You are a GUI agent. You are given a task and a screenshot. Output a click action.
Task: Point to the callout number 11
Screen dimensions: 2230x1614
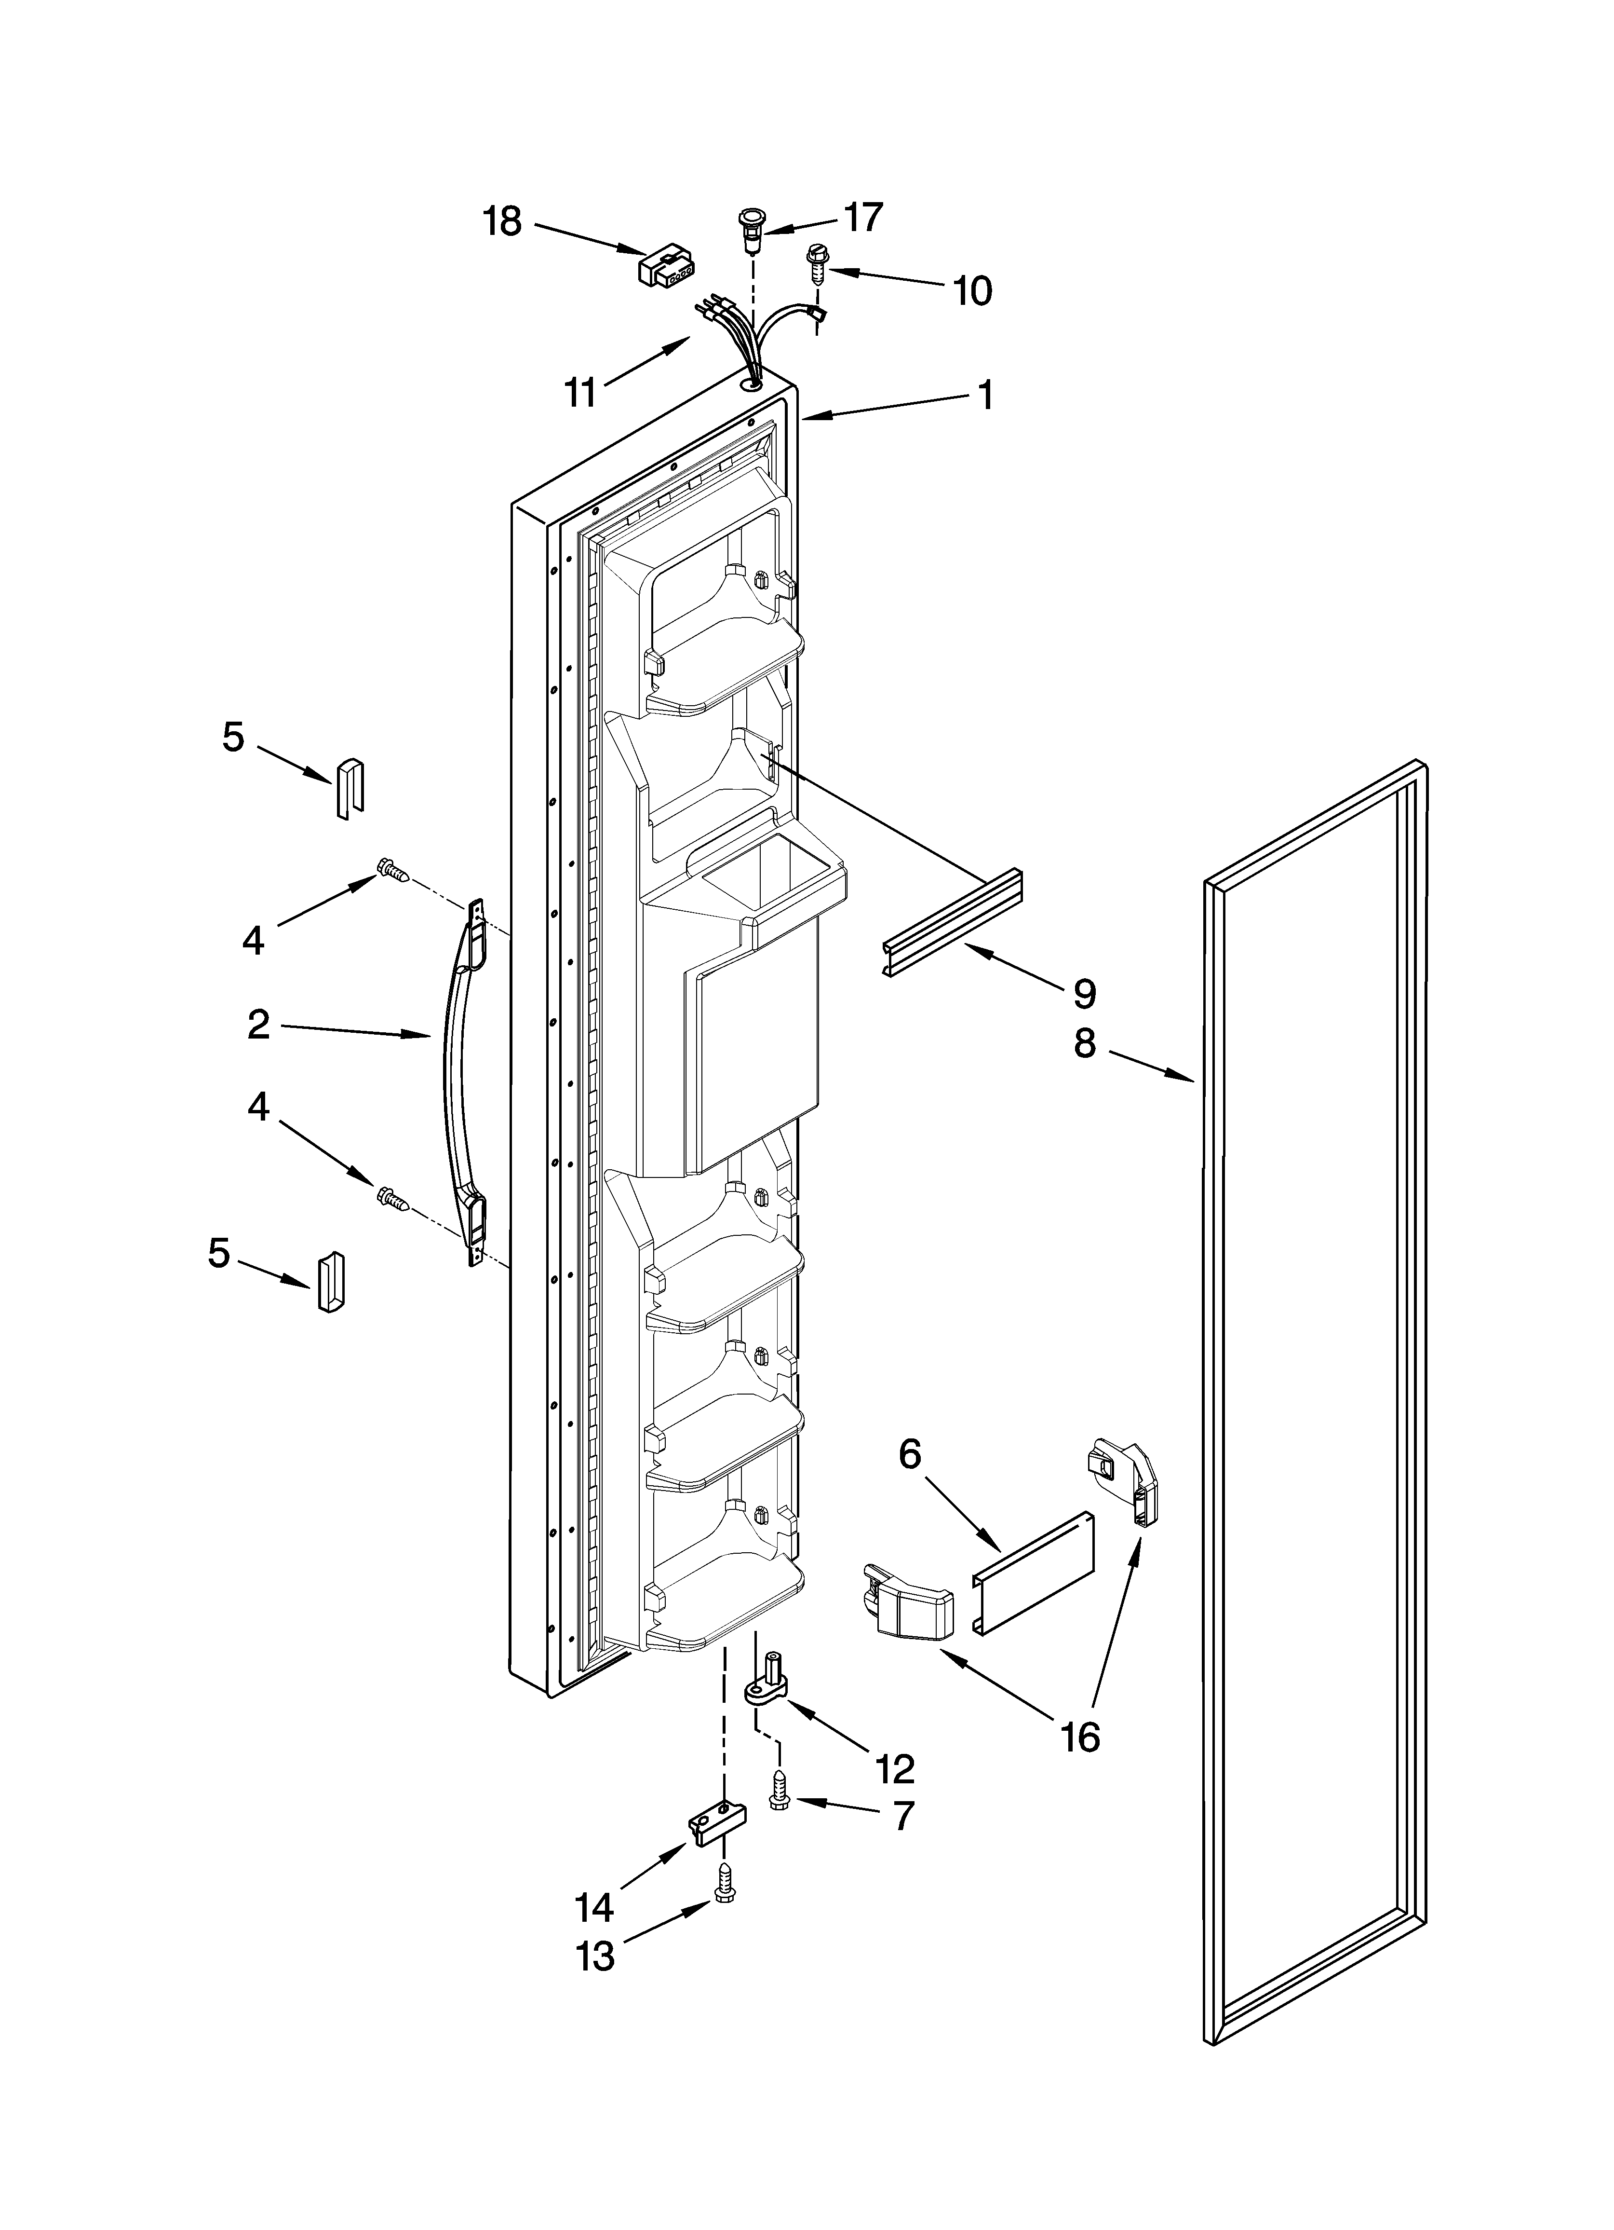(x=580, y=392)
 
